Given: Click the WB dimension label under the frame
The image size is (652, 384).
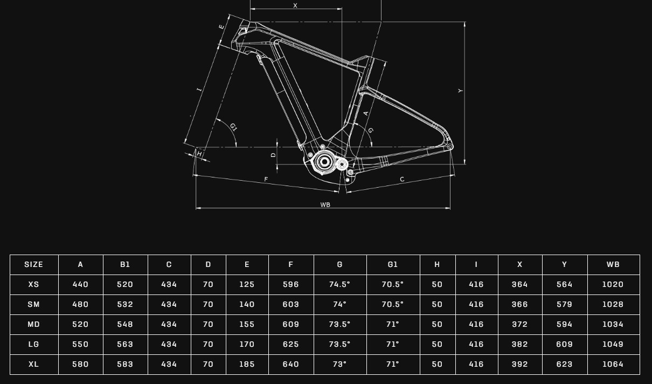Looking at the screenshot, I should click(x=325, y=205).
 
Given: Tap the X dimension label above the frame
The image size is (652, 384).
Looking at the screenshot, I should click(x=295, y=6).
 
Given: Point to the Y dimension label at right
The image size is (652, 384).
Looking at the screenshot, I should click(x=461, y=91).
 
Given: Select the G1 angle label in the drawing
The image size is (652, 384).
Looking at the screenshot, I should click(x=233, y=127).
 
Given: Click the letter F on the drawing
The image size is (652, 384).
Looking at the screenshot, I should click(x=266, y=179).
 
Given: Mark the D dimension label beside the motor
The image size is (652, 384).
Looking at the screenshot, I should click(x=273, y=155).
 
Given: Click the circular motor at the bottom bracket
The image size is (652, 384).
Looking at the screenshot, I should click(x=324, y=161).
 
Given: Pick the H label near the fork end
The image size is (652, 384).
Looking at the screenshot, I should click(x=199, y=154).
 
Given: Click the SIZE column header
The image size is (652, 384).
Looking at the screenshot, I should click(x=33, y=264).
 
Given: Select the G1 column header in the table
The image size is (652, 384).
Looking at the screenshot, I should click(x=392, y=264).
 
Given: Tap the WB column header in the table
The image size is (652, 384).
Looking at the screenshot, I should click(x=613, y=264).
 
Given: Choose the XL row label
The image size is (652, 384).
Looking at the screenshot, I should click(x=33, y=364).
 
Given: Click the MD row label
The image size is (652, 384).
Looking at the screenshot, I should click(x=33, y=324).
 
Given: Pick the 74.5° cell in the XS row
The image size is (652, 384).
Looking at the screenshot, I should click(x=339, y=284).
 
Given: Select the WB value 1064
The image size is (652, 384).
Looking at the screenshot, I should click(x=613, y=364).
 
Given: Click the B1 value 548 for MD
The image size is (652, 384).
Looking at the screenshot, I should click(x=125, y=324).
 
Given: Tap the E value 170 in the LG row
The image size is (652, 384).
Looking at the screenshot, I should click(x=247, y=344).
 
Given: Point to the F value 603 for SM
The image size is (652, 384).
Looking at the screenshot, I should click(x=290, y=304).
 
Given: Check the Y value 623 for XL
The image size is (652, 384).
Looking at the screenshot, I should click(x=564, y=364).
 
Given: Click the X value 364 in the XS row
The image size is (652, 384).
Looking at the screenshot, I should click(x=519, y=284).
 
